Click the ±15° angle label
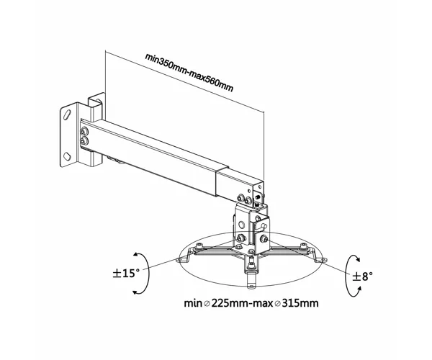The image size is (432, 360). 126,273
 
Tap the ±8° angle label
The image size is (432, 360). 363,276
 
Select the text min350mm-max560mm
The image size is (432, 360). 189,73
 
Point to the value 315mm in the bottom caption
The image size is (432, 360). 300,303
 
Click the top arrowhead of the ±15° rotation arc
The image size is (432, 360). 136,255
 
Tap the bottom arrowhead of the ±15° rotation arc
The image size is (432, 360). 136,292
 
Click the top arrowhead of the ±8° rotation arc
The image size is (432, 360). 357,259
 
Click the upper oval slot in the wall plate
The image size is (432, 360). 67,114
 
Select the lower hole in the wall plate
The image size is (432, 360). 67,156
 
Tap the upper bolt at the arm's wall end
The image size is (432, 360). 84,132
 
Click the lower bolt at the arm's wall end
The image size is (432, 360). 84,141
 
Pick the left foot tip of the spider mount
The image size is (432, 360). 183,259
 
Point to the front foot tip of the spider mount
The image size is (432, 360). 251,286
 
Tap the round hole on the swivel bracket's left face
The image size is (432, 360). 242,225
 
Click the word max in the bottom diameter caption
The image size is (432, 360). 263,304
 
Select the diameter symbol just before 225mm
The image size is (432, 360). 207,304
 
